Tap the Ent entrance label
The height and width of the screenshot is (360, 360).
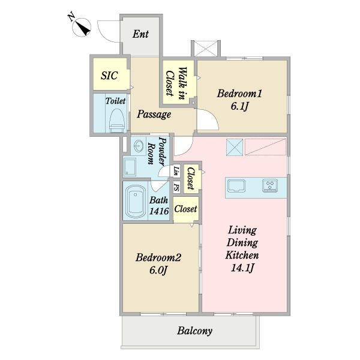click(x=140, y=34)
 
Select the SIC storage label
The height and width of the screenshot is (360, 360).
click(x=109, y=76)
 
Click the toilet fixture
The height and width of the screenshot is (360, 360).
click(x=117, y=121)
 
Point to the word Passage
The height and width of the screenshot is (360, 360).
click(x=154, y=114)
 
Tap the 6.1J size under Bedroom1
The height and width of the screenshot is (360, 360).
click(x=239, y=106)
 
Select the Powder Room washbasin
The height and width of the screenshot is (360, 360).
click(x=139, y=146)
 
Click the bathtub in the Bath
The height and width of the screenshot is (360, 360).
click(x=135, y=201)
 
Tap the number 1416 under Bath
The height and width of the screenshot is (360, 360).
click(x=159, y=211)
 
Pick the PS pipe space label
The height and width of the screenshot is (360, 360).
click(x=176, y=187)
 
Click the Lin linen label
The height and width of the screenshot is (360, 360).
click(x=176, y=171)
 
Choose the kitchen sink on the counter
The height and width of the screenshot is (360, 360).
click(x=236, y=185)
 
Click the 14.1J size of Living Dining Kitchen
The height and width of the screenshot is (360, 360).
click(x=242, y=268)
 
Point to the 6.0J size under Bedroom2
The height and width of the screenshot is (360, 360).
click(x=158, y=270)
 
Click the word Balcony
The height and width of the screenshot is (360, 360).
click(x=194, y=331)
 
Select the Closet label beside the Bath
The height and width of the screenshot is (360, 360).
click(x=185, y=209)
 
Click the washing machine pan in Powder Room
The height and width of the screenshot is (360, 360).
click(x=130, y=167)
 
